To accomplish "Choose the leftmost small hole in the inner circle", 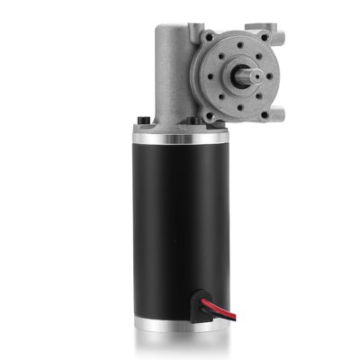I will coord(209,76).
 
